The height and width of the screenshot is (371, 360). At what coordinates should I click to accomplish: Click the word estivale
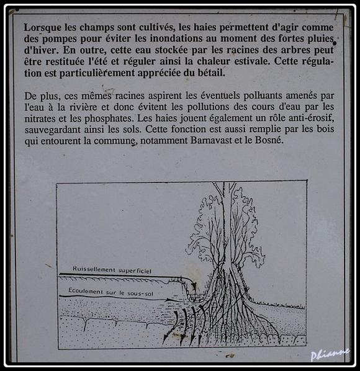point(252,61)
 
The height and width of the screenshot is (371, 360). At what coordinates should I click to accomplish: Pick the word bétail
point(212,73)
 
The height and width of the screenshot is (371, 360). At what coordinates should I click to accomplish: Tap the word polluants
point(263,96)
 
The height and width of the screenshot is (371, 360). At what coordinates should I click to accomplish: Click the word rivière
point(83,107)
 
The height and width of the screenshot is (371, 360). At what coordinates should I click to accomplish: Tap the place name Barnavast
point(212,140)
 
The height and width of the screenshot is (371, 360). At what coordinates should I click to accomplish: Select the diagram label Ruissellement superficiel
point(112,270)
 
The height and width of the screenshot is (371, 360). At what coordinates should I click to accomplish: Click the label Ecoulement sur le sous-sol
point(110,292)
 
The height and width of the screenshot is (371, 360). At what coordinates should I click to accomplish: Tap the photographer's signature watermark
point(330,354)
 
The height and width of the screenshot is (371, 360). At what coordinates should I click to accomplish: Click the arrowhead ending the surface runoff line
point(194,286)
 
